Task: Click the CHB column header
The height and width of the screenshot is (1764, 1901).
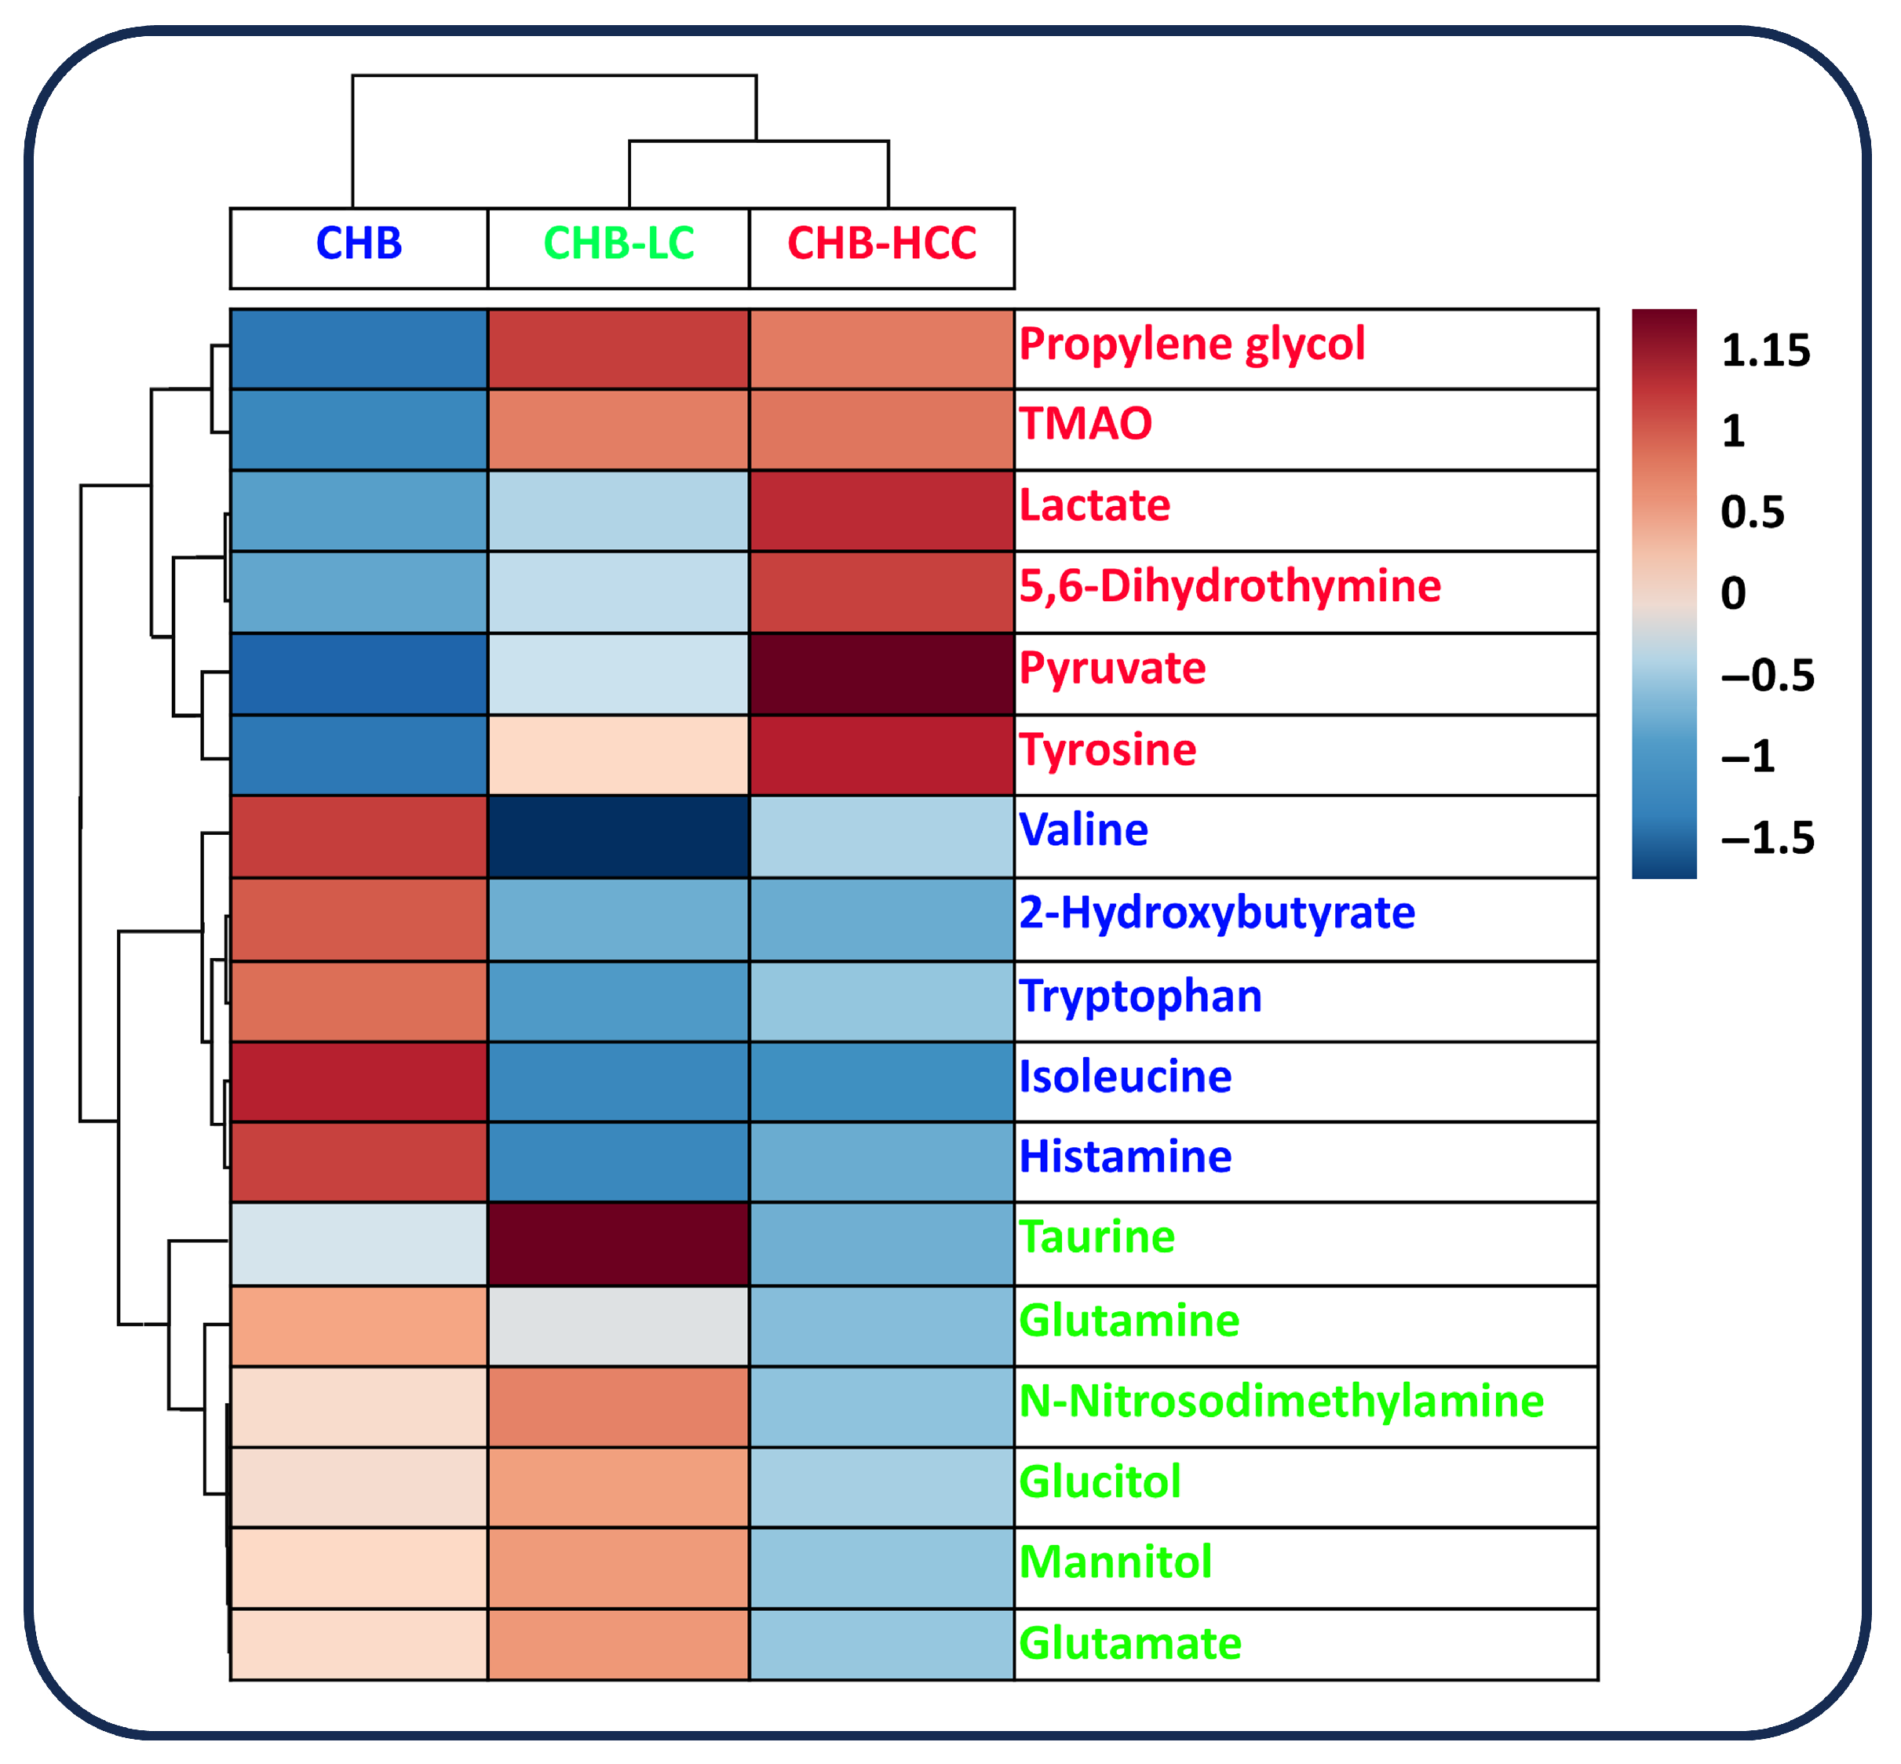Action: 359,244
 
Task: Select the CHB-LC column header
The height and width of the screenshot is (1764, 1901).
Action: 618,244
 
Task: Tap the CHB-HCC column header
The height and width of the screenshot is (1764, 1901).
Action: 881,244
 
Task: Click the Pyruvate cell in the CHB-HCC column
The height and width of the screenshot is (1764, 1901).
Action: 881,674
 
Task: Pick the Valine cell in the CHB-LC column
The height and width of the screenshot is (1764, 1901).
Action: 618,837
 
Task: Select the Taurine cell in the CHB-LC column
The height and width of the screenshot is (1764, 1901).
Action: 618,1244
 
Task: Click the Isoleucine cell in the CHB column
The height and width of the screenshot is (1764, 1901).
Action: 359,1081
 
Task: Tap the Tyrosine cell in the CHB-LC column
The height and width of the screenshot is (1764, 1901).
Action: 618,755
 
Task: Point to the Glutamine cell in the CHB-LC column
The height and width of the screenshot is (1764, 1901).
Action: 618,1326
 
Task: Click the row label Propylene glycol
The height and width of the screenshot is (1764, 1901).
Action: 1191,344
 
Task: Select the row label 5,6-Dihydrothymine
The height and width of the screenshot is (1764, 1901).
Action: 1230,586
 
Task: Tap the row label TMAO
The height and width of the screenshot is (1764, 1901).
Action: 1086,424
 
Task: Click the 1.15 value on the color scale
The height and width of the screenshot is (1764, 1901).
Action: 1765,352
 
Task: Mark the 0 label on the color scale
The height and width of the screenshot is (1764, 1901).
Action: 1733,594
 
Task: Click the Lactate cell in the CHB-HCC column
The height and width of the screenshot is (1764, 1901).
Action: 881,511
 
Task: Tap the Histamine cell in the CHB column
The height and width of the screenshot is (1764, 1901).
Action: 359,1161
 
